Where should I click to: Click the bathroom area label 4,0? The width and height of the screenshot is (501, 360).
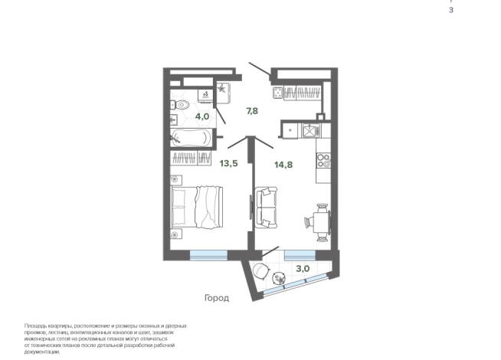202,116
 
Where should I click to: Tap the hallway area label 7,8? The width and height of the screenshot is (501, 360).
252,111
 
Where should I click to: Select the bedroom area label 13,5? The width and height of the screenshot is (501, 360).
228,164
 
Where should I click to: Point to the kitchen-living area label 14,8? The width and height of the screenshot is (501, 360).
283,165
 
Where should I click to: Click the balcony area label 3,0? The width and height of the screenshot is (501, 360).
303,269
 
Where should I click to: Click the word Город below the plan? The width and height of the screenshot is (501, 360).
217,298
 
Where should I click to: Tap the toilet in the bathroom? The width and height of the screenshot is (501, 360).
179,104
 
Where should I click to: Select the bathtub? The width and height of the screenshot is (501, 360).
191,138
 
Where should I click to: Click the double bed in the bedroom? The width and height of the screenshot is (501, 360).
197,208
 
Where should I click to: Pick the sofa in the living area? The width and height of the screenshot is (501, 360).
266,208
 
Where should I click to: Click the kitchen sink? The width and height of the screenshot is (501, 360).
309,131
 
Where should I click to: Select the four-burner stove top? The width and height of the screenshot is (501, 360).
323,161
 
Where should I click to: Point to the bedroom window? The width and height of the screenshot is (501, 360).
208,255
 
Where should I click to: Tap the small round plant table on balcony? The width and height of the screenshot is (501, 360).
280,278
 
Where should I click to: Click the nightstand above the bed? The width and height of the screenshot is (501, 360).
176,180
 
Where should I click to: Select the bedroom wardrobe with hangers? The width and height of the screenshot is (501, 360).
191,158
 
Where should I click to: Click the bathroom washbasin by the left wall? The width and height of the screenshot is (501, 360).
174,119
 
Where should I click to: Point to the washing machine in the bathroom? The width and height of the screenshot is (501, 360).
205,96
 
